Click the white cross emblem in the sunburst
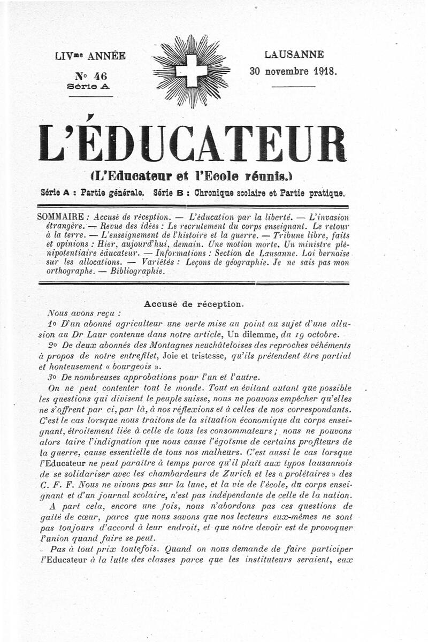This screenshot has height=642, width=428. [191, 71]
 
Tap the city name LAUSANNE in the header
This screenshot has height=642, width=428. [294, 55]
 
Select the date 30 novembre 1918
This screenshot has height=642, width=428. [293, 71]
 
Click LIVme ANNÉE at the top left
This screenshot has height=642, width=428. [90, 56]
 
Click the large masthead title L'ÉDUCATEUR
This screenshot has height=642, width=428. [193, 143]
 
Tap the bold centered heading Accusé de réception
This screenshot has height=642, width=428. [194, 304]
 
